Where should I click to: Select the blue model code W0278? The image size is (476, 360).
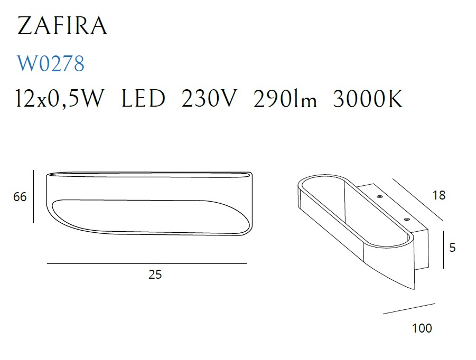tap(51, 64)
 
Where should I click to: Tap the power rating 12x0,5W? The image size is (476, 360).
tap(60, 98)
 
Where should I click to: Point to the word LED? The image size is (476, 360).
tap(143, 98)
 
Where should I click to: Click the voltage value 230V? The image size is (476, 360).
tap(209, 98)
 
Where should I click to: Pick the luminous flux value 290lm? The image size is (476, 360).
tap(285, 98)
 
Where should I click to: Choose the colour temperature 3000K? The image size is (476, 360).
tap(368, 98)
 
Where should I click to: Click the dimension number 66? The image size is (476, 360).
tap(20, 197)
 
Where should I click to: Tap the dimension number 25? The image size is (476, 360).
tap(155, 274)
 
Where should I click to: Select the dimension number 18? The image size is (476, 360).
tap(439, 195)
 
